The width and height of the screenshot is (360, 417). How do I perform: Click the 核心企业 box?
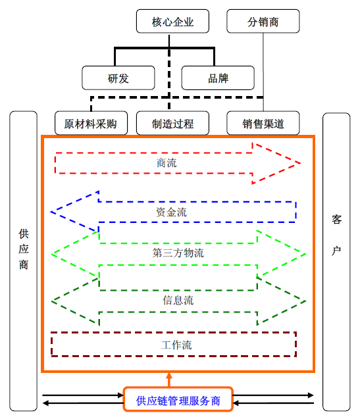tap(172, 21)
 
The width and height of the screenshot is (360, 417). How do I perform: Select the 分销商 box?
tap(263, 21)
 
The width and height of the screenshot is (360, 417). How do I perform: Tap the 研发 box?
tap(118, 78)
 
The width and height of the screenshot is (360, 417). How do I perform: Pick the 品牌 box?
tap(218, 78)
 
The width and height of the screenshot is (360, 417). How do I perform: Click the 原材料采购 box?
tap(91, 123)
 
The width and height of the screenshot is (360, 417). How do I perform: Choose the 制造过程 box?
tap(172, 123)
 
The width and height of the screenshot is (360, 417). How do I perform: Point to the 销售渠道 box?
tap(263, 123)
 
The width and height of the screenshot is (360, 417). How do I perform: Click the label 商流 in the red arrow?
tap(167, 163)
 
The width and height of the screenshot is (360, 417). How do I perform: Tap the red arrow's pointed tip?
tap(300, 163)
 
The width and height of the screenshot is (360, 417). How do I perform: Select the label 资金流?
tap(171, 212)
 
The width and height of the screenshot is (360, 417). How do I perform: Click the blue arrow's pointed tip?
tap(51, 212)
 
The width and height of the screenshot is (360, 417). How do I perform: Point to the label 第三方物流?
tap(178, 253)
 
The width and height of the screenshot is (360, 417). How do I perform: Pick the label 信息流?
tap(178, 300)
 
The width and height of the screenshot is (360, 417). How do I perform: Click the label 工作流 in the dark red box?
tap(176, 345)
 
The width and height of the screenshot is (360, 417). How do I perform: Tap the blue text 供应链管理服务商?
tap(178, 401)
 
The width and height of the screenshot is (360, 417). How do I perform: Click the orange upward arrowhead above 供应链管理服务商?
tap(169, 376)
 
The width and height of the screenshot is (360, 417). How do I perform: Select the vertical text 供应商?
tap(24, 249)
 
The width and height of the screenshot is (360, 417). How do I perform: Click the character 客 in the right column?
tap(336, 220)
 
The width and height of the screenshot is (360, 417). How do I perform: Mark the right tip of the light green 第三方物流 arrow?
tap(305, 255)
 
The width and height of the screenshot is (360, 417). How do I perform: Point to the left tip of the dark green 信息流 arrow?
tap(52, 301)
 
